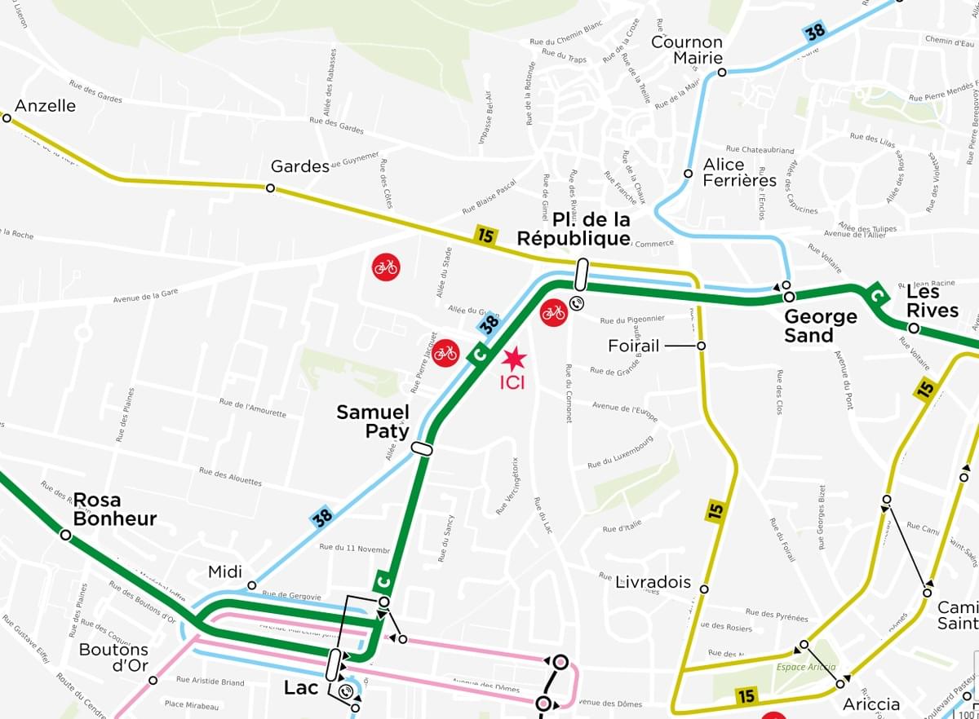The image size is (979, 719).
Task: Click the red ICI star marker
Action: point(515,358)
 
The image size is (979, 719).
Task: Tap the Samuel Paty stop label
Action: point(373,421)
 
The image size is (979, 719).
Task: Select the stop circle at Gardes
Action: point(270,188)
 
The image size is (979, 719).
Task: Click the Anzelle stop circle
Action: point(7,118)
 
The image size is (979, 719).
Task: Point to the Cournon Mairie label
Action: point(687,50)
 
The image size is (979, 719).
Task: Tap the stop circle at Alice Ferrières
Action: point(688,174)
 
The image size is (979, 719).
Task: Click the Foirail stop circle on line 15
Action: point(701,346)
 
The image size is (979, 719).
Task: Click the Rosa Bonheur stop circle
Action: point(65,535)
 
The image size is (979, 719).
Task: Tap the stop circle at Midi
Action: point(251,585)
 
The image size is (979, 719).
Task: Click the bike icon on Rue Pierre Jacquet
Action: point(445,353)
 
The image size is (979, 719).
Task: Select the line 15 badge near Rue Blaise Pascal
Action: point(486,236)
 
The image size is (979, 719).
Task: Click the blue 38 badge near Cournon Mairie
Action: point(815,32)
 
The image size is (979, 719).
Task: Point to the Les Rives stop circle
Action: point(914,329)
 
